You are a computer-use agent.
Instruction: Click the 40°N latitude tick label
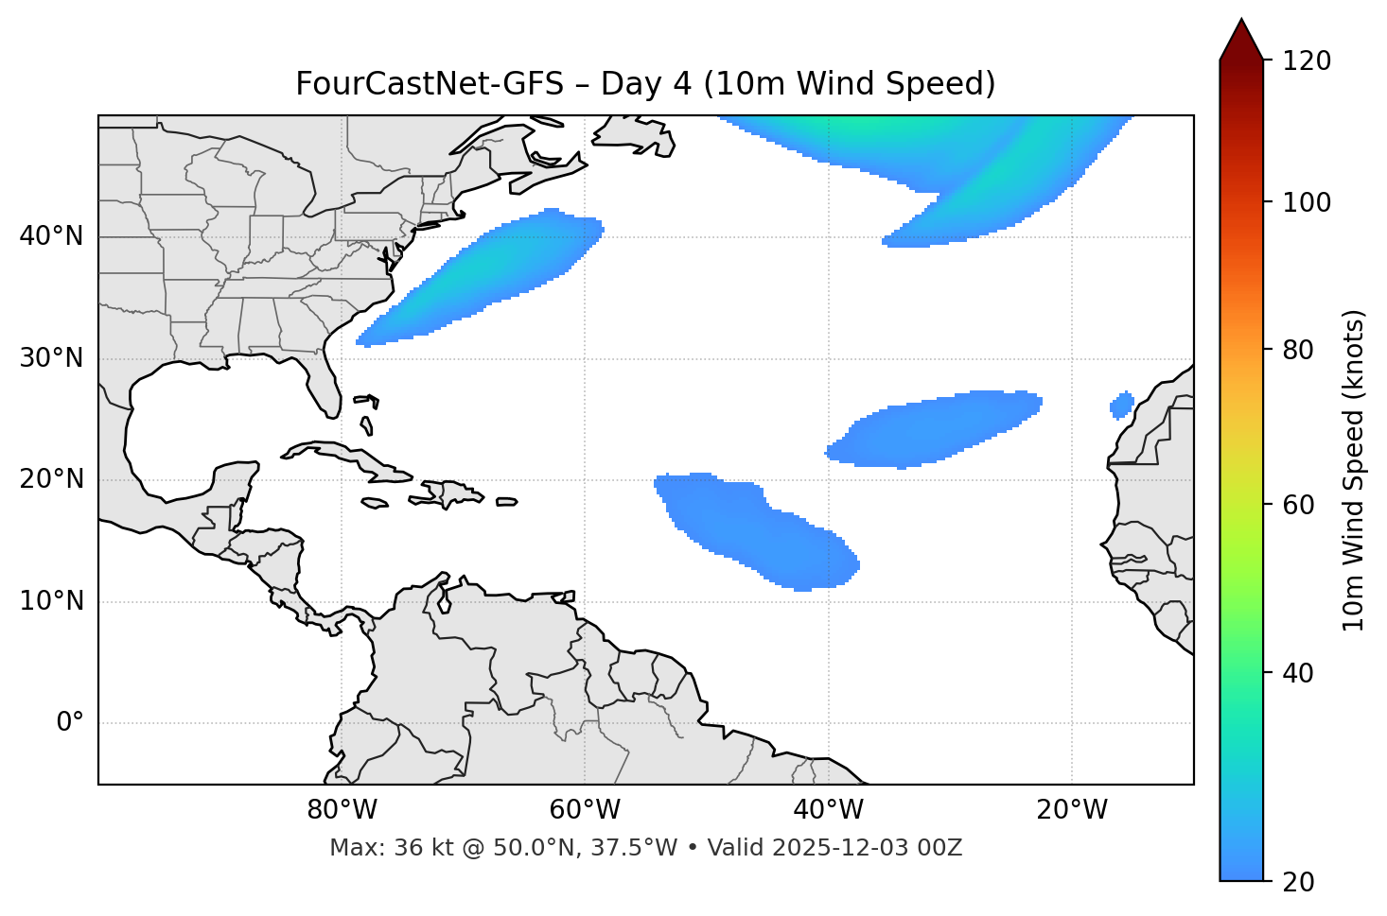pyautogui.click(x=51, y=235)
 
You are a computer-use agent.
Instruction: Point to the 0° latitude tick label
pyautogui.click(x=70, y=723)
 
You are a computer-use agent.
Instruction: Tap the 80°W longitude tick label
pyautogui.click(x=342, y=810)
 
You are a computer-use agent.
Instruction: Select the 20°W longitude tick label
pyautogui.click(x=1072, y=810)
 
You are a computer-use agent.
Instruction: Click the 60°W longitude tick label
pyautogui.click(x=585, y=810)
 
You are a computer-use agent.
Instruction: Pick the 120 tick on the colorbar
pyautogui.click(x=1307, y=60)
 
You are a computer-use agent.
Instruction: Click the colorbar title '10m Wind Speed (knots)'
pyautogui.click(x=1354, y=470)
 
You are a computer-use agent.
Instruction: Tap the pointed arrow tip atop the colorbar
pyautogui.click(x=1241, y=23)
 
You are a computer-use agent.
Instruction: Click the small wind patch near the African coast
pyautogui.click(x=1122, y=406)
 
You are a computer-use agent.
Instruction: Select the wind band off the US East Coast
pyautogui.click(x=483, y=279)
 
